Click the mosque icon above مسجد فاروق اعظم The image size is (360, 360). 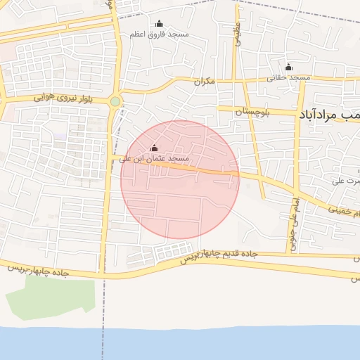pyautogui.click(x=157, y=23)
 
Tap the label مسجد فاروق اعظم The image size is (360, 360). pyautogui.click(x=158, y=34)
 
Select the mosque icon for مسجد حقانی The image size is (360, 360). pyautogui.click(x=288, y=67)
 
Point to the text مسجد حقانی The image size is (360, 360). pyautogui.click(x=288, y=78)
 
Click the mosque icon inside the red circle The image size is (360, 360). pyautogui.click(x=154, y=148)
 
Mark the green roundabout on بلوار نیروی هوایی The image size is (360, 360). pyautogui.click(x=115, y=102)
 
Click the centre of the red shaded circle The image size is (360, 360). pyautogui.click(x=180, y=179)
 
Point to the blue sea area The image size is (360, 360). pyautogui.click(x=180, y=345)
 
